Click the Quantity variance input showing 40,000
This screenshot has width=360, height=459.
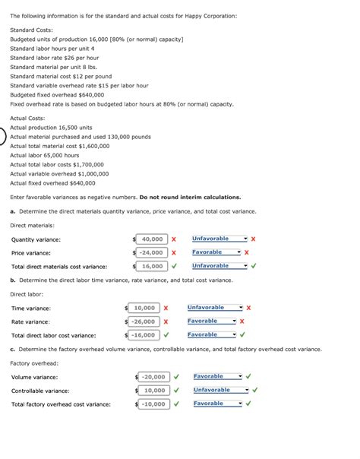(153, 239)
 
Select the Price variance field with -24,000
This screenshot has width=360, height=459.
(153, 252)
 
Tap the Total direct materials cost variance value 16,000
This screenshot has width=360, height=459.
(153, 266)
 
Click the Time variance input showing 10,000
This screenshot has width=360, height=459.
(144, 308)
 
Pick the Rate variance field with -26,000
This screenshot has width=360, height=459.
(144, 321)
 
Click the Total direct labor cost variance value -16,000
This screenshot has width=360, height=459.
(144, 335)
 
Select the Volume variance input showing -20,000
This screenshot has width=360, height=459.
(154, 377)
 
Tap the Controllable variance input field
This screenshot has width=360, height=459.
(154, 391)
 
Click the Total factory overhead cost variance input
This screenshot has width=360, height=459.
(154, 404)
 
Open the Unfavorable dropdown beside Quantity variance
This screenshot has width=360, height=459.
(219, 239)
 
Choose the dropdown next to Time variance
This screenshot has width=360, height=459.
(215, 308)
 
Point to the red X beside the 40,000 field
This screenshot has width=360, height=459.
(174, 239)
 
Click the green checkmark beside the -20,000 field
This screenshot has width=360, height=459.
(177, 377)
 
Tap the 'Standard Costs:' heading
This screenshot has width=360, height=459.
(31, 31)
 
